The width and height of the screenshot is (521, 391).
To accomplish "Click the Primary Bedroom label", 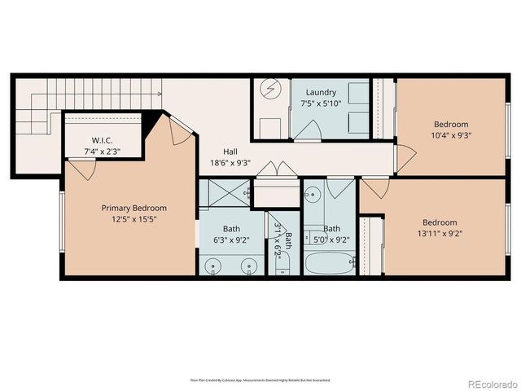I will (x=134, y=208).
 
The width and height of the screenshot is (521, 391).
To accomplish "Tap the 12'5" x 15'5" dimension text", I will (x=134, y=220).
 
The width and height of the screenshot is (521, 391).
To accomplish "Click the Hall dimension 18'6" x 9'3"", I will (x=230, y=162).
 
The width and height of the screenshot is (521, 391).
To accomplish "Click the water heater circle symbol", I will (x=268, y=89).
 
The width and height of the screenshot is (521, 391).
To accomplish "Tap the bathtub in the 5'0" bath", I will (x=330, y=264).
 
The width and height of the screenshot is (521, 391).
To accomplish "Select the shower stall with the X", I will (x=224, y=193).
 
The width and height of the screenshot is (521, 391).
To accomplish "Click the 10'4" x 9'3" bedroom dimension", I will (x=451, y=135).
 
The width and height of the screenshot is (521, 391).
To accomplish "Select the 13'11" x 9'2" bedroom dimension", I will (x=440, y=234).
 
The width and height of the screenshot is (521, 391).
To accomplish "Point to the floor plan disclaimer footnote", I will (x=260, y=380).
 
